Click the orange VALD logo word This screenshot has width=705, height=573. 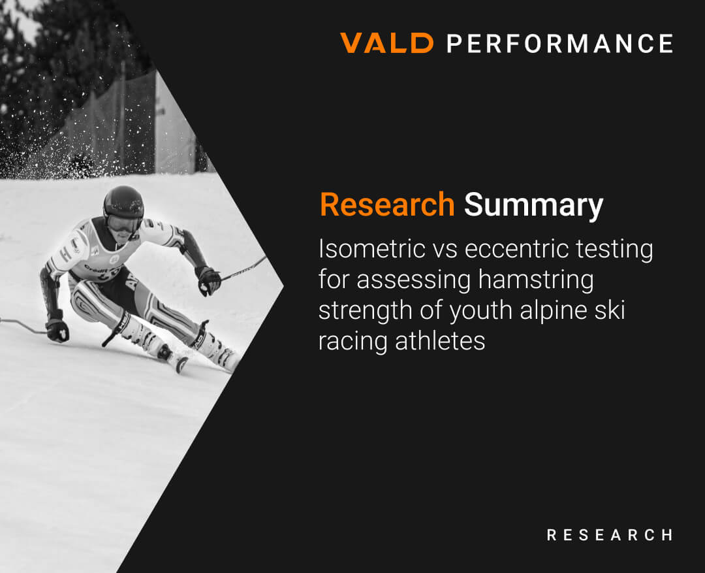click(x=386, y=43)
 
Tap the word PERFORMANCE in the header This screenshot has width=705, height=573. click(x=560, y=44)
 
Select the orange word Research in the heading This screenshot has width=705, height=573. click(x=387, y=205)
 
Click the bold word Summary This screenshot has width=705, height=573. click(x=533, y=206)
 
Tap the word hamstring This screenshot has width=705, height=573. click(x=536, y=280)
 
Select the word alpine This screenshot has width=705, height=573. click(x=553, y=311)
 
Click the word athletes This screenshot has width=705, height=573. click(x=440, y=341)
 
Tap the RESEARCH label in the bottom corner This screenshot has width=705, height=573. click(x=610, y=534)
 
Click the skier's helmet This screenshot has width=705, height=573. click(x=123, y=203)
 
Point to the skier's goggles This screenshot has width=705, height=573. click(x=122, y=223)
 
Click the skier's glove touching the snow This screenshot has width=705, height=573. click(x=57, y=330)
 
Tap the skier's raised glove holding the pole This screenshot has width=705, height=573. click(x=208, y=280)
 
